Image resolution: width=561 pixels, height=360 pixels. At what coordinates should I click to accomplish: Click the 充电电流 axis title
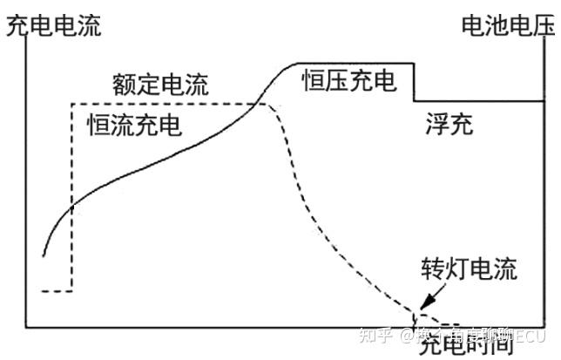tap(53, 27)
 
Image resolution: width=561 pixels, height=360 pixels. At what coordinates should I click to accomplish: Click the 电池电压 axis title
tap(508, 27)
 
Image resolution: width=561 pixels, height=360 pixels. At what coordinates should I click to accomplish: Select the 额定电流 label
tap(161, 85)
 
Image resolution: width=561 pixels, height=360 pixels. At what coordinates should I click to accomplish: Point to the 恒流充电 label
tap(134, 125)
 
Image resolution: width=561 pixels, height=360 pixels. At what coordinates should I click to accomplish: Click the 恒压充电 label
tap(349, 82)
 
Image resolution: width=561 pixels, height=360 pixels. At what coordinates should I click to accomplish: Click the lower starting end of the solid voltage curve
tap(42, 255)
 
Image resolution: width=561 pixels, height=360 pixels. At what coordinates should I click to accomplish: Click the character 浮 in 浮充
tap(437, 125)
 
